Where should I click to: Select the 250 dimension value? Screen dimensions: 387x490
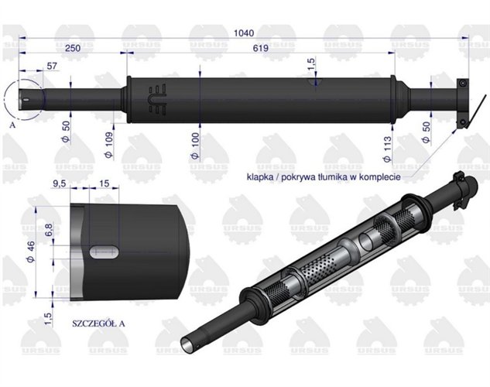click(x=74, y=48)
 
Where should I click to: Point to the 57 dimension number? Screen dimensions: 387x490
click(x=53, y=67)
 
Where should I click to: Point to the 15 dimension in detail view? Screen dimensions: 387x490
click(x=104, y=183)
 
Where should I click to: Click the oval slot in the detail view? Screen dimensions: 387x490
click(x=103, y=251)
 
